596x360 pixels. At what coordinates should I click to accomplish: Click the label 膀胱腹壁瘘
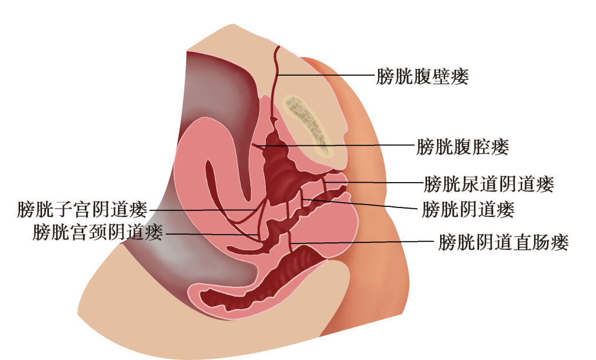(x=422, y=76)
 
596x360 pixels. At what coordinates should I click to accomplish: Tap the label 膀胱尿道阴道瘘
(x=489, y=184)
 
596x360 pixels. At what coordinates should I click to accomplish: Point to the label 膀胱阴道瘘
(x=468, y=209)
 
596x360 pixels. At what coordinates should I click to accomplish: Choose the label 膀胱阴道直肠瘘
(x=503, y=242)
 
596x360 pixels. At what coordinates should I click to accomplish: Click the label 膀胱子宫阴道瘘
(x=82, y=209)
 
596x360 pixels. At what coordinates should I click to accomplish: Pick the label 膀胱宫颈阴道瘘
(x=98, y=232)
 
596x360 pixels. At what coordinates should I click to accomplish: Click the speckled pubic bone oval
(x=308, y=121)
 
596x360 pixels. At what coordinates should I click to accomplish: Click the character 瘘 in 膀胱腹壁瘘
(x=458, y=76)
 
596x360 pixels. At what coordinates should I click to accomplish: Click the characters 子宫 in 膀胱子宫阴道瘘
(x=73, y=209)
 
